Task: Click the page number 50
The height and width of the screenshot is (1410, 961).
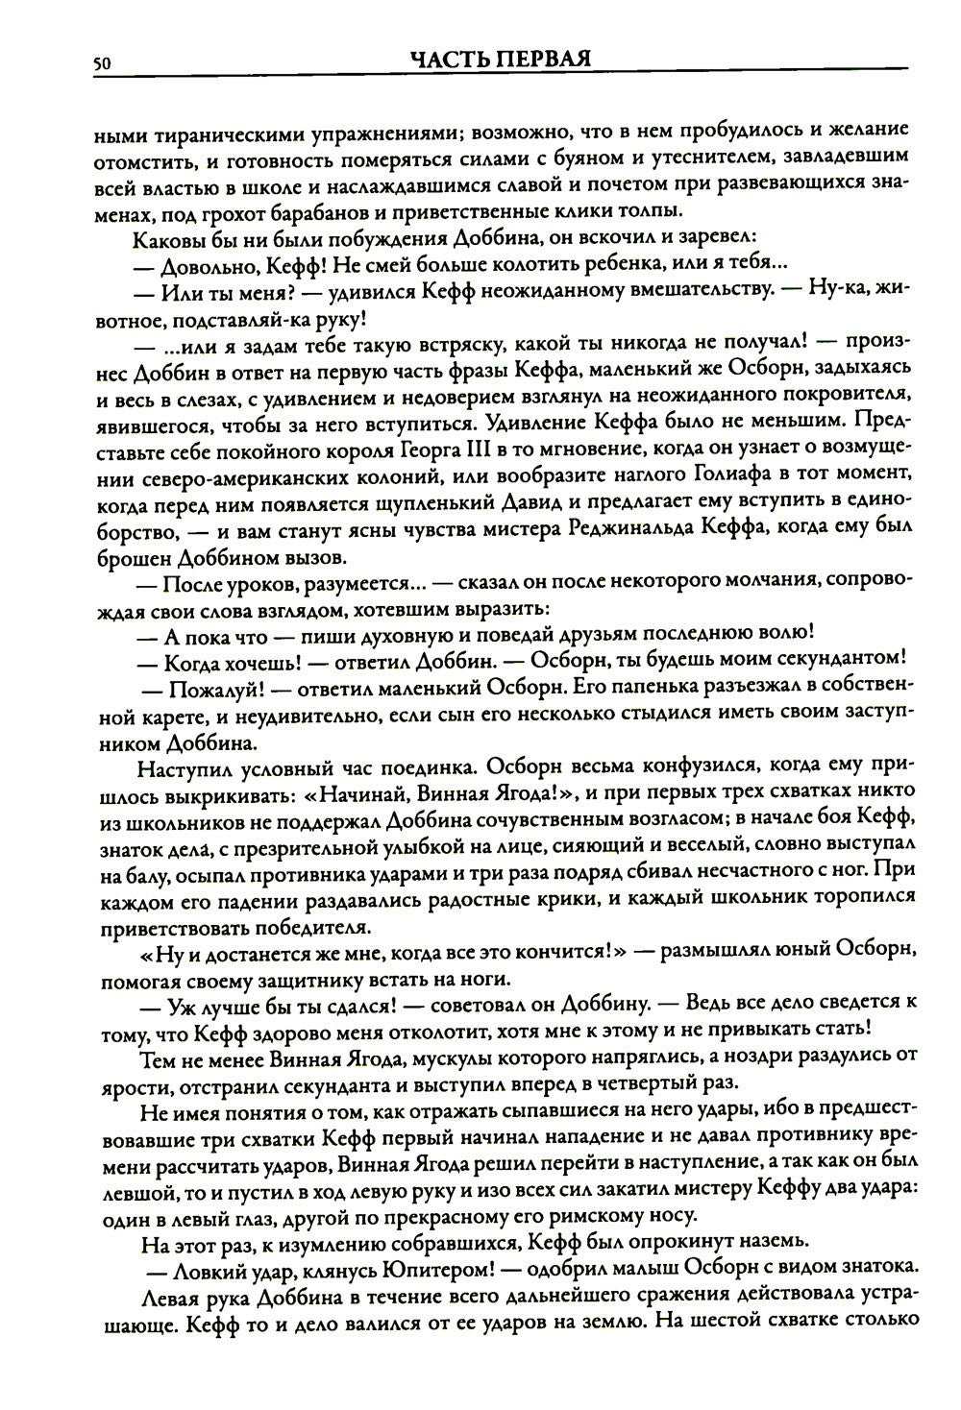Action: tap(104, 63)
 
